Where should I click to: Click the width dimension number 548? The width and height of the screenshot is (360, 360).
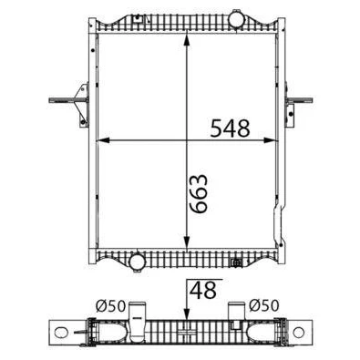230,128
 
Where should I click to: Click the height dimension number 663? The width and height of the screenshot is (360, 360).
198,193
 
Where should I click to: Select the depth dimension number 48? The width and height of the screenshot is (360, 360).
203,290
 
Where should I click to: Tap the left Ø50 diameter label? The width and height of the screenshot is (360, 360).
110,306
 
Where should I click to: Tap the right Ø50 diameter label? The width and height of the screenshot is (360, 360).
263,305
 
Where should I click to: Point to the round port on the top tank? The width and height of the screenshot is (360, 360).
237,19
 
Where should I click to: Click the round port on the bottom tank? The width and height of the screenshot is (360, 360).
136,262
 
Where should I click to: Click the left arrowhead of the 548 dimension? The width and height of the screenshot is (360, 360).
103,140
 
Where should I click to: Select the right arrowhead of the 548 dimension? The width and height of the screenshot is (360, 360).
271,140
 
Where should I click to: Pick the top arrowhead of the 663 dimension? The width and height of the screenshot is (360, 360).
187,41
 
